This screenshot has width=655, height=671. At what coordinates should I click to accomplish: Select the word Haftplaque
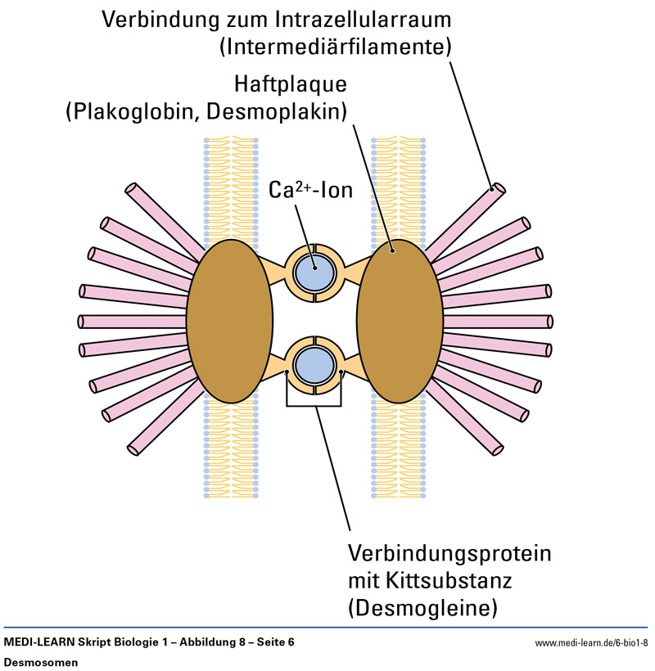291,84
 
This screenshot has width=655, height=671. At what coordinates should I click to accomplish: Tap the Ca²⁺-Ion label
310,191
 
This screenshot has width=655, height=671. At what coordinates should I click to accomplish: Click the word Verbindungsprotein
449,554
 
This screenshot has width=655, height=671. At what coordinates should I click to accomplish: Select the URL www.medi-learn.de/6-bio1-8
591,643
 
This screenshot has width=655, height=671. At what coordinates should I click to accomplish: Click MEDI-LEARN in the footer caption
37,643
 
